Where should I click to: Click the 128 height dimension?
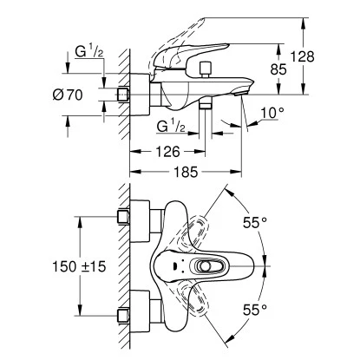pyautogui.click(x=302, y=56)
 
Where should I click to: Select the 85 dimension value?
pyautogui.click(x=278, y=69)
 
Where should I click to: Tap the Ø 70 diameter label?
pyautogui.click(x=68, y=95)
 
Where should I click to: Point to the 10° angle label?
pyautogui.click(x=272, y=113)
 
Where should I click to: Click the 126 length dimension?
pyautogui.click(x=167, y=151)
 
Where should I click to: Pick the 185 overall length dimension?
pyautogui.click(x=186, y=172)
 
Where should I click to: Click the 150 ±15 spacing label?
pyautogui.click(x=79, y=266)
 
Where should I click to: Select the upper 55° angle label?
pyautogui.click(x=255, y=222)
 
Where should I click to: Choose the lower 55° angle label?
pyautogui.click(x=255, y=310)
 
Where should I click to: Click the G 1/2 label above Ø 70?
pyautogui.click(x=89, y=52)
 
